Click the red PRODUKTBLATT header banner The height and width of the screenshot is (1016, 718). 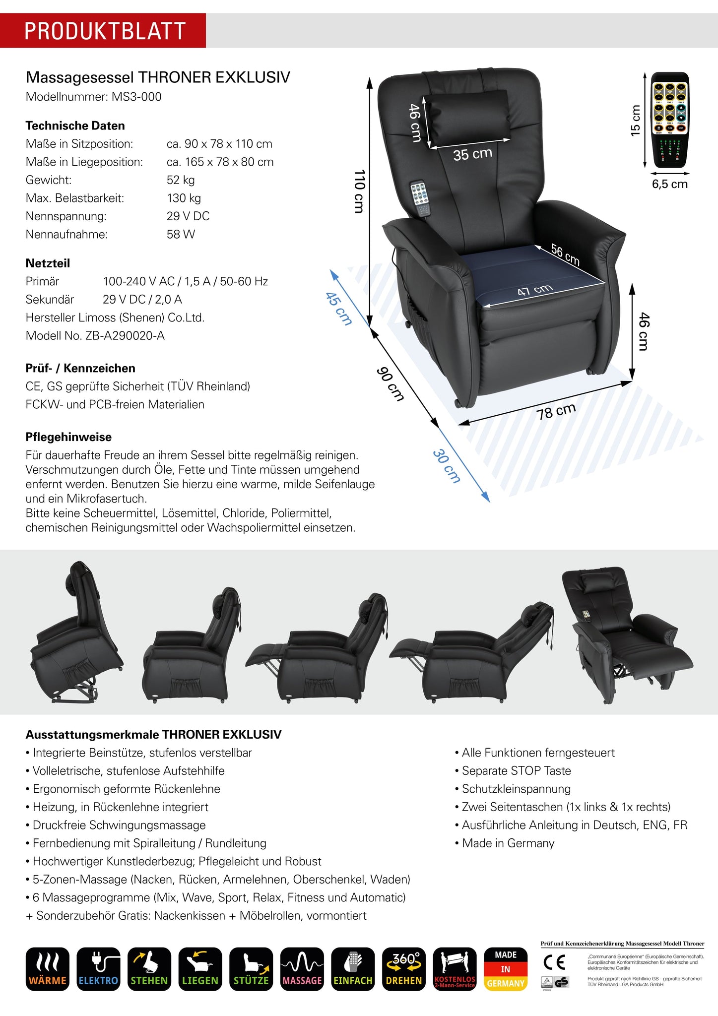(x=103, y=31)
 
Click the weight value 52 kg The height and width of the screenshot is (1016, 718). (x=181, y=180)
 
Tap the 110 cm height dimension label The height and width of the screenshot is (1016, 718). (x=360, y=191)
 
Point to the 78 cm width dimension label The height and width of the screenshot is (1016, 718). (x=556, y=411)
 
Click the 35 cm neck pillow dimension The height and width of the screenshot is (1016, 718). (x=472, y=154)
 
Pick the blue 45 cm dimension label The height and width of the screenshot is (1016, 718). (x=339, y=309)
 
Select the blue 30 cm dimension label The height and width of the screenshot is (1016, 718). (x=447, y=466)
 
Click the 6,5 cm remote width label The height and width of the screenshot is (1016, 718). (x=669, y=185)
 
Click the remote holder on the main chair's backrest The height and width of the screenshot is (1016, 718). (x=420, y=198)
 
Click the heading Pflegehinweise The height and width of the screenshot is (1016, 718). (x=68, y=437)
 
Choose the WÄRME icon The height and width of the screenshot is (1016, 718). (x=48, y=969)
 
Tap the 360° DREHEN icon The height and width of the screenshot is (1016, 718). (x=404, y=969)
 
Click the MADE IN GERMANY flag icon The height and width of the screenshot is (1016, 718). (x=505, y=969)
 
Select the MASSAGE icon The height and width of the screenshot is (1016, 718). (x=302, y=969)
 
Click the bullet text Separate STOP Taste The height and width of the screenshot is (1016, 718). (x=516, y=771)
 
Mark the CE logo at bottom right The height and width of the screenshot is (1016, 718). (x=554, y=963)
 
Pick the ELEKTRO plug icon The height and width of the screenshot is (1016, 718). (x=98, y=969)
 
